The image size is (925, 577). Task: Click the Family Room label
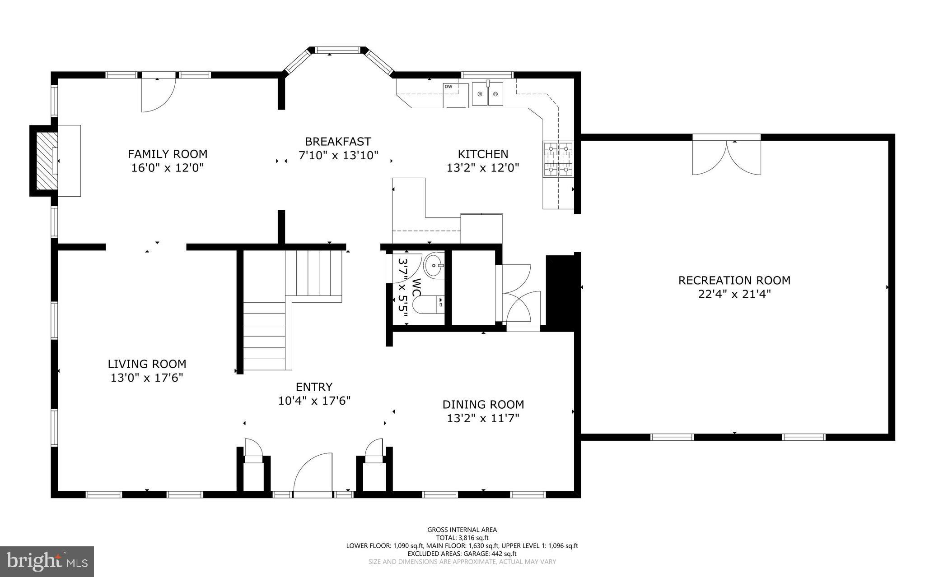pyautogui.click(x=168, y=154)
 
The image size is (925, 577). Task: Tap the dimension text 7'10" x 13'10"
pyautogui.click(x=338, y=156)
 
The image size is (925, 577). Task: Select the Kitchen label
pyautogui.click(x=483, y=154)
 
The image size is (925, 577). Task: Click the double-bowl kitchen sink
pyautogui.click(x=487, y=94)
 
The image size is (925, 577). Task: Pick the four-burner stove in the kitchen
pyautogui.click(x=559, y=159)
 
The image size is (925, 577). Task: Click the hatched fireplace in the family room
pyautogui.click(x=44, y=161)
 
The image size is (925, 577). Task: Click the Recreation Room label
pyautogui.click(x=734, y=280)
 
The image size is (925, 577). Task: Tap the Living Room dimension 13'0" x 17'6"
pyautogui.click(x=147, y=378)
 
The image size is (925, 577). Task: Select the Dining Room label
pyautogui.click(x=483, y=404)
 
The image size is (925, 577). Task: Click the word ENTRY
pyautogui.click(x=314, y=387)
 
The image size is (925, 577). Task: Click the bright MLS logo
pyautogui.click(x=47, y=561)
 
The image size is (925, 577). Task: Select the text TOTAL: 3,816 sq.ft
pyautogui.click(x=462, y=538)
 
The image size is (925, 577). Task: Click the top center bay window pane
pyautogui.click(x=338, y=50)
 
